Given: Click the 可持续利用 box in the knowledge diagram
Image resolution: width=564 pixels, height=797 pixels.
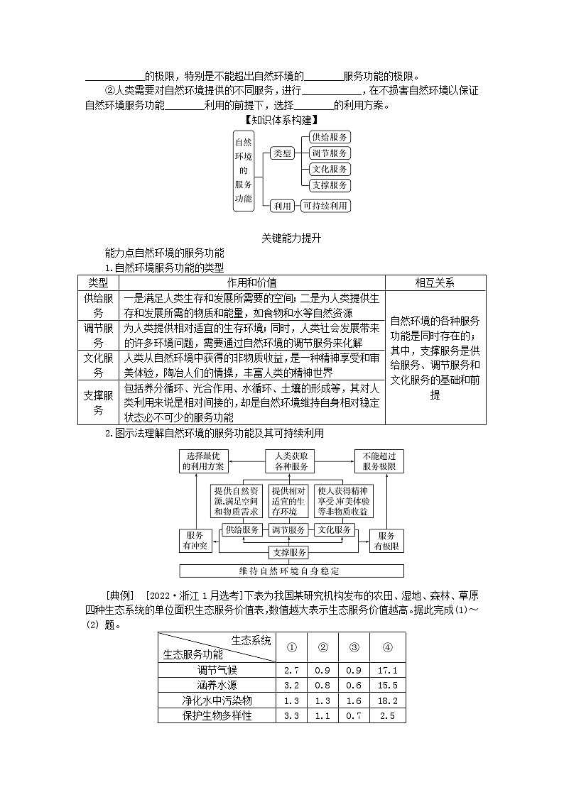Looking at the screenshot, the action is (x=325, y=206).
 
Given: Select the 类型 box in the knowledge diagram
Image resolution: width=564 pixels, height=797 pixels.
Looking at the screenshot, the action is (x=283, y=153).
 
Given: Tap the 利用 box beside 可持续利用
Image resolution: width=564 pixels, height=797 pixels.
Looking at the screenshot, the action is (x=283, y=206).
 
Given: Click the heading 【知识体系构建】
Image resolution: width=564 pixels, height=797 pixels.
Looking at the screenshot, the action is (x=281, y=121).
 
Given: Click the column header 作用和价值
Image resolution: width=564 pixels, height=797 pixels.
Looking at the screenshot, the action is (x=251, y=282).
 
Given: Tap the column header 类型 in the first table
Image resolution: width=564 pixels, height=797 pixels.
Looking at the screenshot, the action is (x=98, y=282).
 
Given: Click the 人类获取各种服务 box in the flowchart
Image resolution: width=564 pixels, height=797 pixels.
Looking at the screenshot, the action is (x=291, y=461).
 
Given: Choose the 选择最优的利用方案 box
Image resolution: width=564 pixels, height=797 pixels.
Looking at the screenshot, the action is (x=203, y=461).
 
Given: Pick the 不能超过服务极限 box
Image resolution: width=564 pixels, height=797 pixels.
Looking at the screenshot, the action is (x=379, y=461).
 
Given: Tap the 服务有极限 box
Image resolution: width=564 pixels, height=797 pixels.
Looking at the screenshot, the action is (x=387, y=541).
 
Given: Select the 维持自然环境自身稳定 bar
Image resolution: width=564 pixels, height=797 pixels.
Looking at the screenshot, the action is (x=291, y=571).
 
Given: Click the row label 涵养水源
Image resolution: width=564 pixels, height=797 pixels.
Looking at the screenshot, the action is (x=217, y=686).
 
